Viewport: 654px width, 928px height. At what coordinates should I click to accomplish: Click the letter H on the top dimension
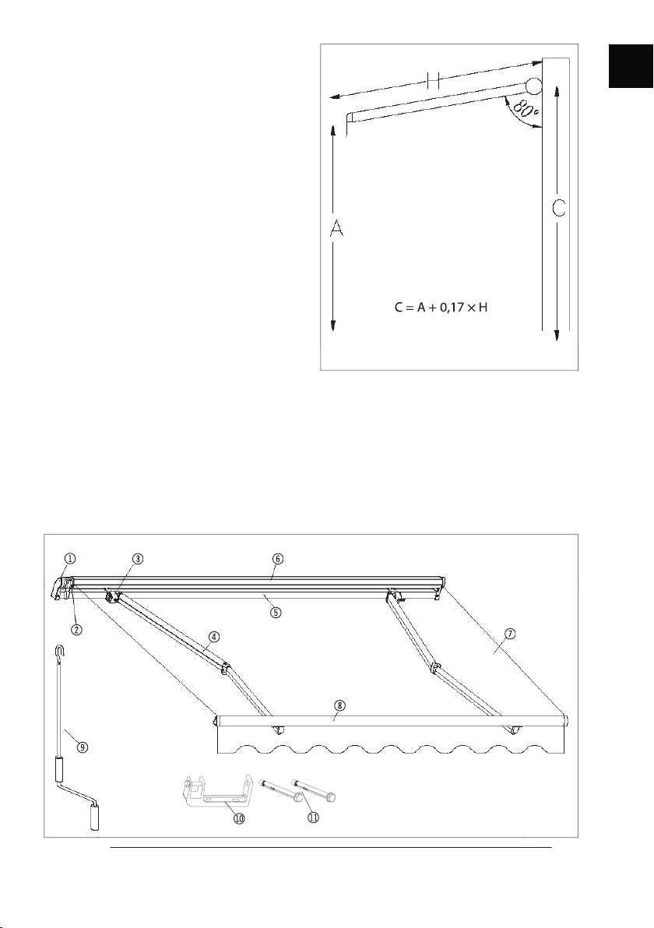tap(433, 80)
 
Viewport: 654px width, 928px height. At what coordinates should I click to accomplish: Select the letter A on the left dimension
tap(336, 229)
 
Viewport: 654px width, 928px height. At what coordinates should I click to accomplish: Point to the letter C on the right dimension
tap(559, 209)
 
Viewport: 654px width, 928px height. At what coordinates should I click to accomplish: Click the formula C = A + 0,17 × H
tap(441, 308)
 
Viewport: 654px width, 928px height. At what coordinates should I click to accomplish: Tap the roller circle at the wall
tap(534, 86)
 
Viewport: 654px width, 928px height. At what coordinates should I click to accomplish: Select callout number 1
tap(70, 558)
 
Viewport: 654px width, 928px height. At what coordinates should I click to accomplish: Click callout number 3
tap(137, 558)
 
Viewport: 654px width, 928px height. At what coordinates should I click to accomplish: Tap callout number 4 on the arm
tap(213, 636)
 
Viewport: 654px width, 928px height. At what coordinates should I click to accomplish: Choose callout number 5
tap(276, 612)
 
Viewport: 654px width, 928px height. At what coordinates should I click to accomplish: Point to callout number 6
tap(279, 558)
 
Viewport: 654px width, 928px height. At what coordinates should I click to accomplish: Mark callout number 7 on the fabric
tap(510, 633)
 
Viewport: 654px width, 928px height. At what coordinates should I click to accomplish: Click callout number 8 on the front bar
tap(339, 705)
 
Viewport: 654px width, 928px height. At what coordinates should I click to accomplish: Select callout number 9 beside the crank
tap(83, 747)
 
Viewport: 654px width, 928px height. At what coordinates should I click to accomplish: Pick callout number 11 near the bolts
tap(312, 817)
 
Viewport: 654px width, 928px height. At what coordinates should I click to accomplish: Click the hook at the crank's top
tap(59, 652)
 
